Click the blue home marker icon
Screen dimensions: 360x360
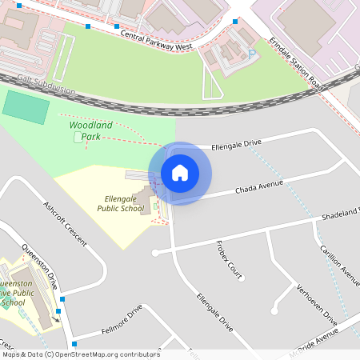tap(180, 173)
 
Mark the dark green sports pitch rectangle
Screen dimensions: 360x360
tap(26, 107)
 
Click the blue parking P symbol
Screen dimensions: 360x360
tap(252, 53)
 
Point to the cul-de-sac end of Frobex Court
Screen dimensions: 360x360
tap(241, 278)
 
